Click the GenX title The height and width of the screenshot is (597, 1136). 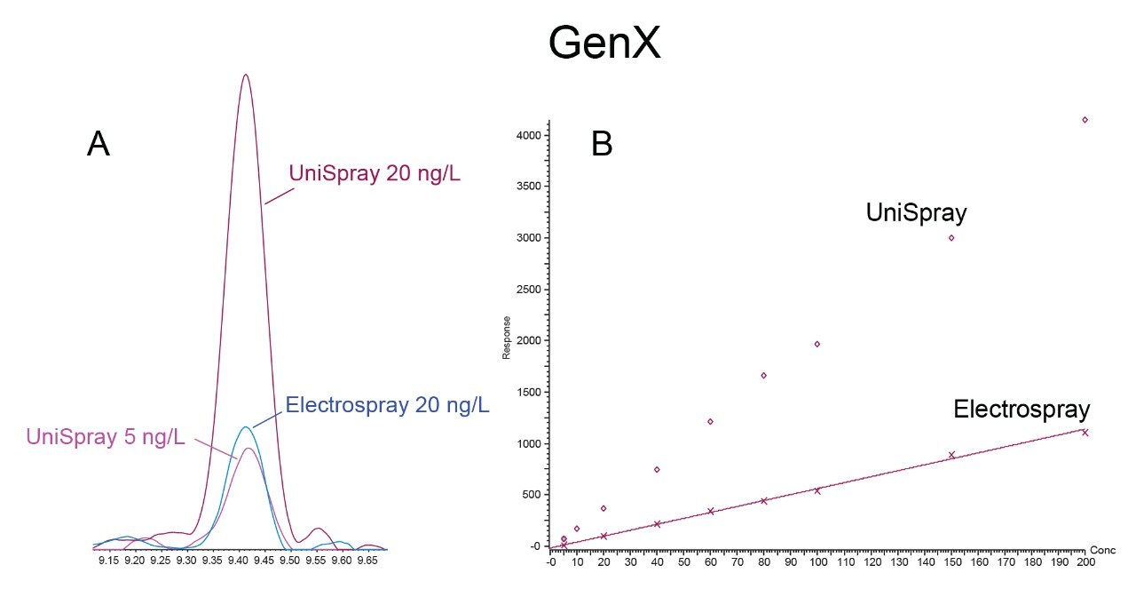pos(604,43)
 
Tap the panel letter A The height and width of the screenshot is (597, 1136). pos(99,144)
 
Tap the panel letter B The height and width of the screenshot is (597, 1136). pos(602,144)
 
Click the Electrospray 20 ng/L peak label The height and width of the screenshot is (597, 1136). pos(387,406)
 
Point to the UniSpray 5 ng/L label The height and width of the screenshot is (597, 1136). pos(106,436)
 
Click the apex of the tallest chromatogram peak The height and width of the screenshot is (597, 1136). pos(245,75)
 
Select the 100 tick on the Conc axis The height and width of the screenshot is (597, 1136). pos(817,562)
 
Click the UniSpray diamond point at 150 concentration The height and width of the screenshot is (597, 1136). pos(951,237)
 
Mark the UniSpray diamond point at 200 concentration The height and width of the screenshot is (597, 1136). pos(1085,120)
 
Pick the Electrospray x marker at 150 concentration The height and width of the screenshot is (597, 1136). pos(951,455)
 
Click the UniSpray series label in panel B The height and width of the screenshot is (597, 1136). pos(916,213)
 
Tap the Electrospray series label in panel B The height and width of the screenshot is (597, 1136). pos(1022,410)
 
